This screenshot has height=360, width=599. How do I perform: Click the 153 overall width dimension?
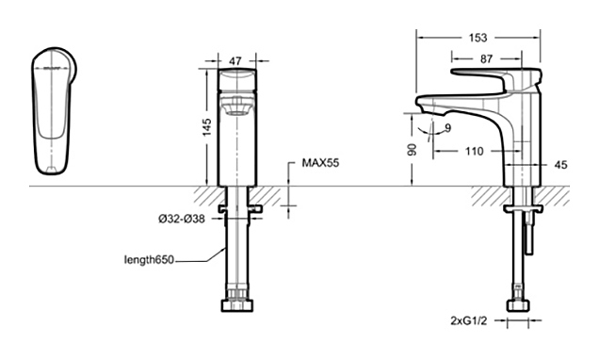point(478,38)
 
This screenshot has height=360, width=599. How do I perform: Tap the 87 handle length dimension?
point(486,59)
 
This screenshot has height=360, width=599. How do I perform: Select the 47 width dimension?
point(235,60)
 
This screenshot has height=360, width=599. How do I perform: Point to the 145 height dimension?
point(206,127)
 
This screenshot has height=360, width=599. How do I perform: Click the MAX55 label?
point(320,163)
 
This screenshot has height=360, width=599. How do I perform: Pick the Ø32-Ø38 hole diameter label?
point(182,219)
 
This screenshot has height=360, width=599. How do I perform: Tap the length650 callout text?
point(149,260)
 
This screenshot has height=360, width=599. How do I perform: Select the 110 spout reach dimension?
point(474,152)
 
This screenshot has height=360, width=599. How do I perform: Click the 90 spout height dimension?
point(412,150)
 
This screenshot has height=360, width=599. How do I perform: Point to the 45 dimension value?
point(560,165)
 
